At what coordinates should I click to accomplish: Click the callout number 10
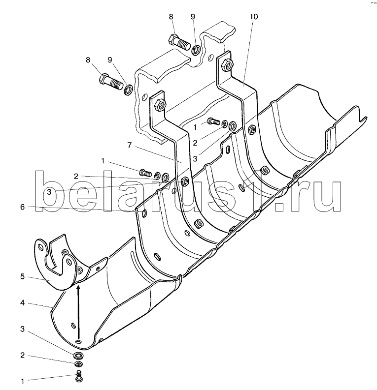coord(254,17)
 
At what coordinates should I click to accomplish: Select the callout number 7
coord(129,145)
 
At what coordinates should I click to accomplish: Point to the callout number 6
coord(23,207)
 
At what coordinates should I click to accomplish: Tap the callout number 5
coord(23,276)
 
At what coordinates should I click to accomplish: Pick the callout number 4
coord(23,303)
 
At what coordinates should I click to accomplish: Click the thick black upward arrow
coord(79,314)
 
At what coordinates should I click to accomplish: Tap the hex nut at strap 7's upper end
coord(160,104)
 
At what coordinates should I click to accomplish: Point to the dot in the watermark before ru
coord(279,207)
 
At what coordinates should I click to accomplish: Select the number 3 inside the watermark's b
coord(49,192)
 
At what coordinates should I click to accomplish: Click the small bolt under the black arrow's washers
coord(79,376)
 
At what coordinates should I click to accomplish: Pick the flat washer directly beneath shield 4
coord(78,356)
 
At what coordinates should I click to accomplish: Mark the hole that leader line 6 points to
coord(144,213)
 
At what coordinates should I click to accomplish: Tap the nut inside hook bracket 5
coord(80,269)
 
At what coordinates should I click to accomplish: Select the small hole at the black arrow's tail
coord(79,341)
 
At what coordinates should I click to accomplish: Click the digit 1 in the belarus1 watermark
coord(260,191)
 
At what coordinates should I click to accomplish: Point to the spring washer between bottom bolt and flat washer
coord(78,364)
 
